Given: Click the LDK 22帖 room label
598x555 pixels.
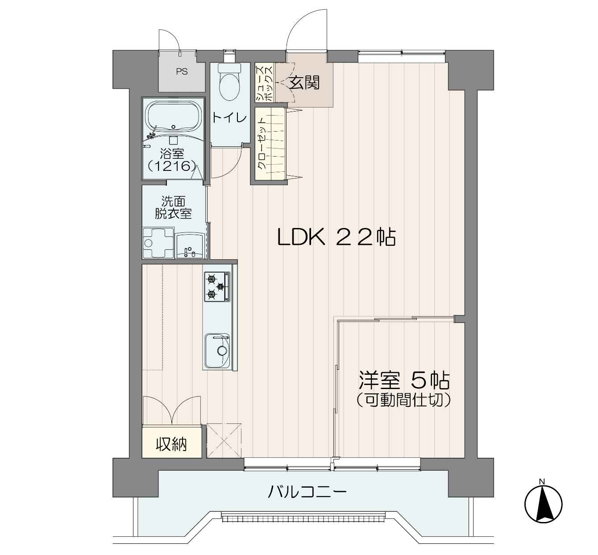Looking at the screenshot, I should tap(336, 237).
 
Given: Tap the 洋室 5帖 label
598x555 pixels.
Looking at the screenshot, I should tap(404, 380).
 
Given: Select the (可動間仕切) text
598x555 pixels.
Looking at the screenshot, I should tap(403, 400).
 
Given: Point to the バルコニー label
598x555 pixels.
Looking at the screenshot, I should tap(307, 492).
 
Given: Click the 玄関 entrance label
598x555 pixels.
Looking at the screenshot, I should tap(304, 83).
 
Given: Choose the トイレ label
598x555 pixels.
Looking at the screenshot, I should tap(229, 118).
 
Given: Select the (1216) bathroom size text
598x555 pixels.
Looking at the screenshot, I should tap(172, 166).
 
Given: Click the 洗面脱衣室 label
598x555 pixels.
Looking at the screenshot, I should tap(173, 207).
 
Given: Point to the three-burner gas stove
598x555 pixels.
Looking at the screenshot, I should tap(217, 286).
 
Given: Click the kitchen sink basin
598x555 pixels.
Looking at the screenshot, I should tap(218, 350).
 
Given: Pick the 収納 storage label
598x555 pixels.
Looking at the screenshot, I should tap(171, 444).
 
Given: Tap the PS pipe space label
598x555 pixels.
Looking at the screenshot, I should tap(182, 71).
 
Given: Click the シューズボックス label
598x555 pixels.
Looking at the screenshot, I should tap(264, 83).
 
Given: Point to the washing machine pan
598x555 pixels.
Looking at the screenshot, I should tap(158, 243).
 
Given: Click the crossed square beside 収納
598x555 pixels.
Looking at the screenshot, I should tap(224, 440).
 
